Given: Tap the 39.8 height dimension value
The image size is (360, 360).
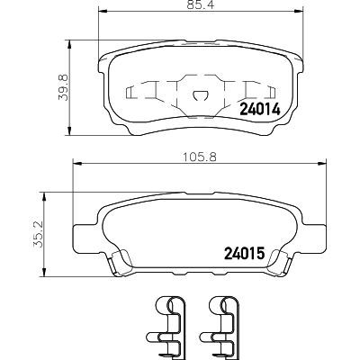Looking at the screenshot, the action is tap(64, 87).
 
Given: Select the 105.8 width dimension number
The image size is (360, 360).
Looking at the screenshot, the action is tap(200, 157).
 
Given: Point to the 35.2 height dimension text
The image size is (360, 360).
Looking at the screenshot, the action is tap(39, 234).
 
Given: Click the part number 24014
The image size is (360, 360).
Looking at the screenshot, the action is tap(259, 109).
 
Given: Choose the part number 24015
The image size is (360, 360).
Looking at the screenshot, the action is tap(244, 253).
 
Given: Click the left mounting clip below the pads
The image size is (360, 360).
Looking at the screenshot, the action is tap(166, 328).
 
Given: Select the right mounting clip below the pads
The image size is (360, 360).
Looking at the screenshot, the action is tap(219, 328).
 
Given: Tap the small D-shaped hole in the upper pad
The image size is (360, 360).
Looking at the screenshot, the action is tap(200, 95).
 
